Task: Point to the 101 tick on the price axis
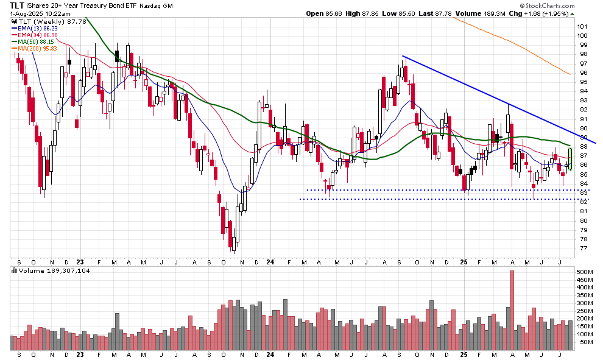pos(584,26)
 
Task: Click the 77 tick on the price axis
pos(583,248)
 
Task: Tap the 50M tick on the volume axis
pos(585,342)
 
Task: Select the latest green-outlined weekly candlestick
pos(570,155)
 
